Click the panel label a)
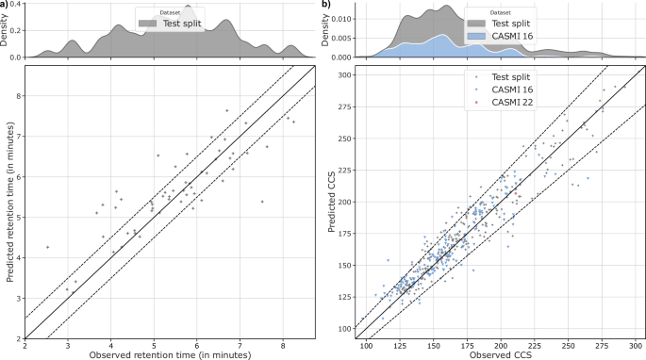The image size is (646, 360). (6, 5)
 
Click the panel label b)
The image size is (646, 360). (326, 5)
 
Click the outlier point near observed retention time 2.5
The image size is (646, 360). (47, 247)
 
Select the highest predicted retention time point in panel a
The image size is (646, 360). (226, 110)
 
